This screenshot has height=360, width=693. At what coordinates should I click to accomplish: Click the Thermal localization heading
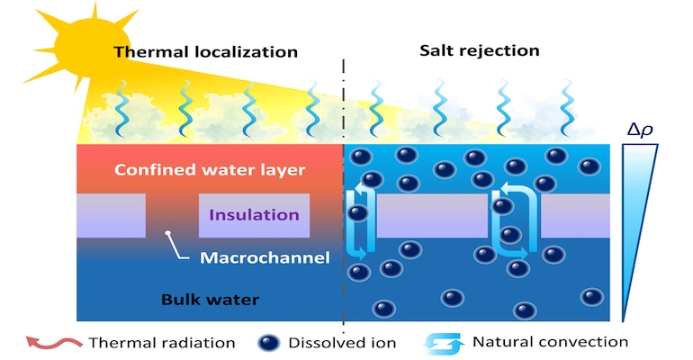(205, 51)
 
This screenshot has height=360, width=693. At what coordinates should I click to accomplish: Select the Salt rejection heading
(480, 50)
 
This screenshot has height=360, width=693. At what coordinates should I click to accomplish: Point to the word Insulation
(255, 215)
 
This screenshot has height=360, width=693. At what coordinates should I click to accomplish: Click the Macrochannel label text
(253, 258)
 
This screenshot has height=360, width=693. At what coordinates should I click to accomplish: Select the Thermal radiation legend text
(162, 342)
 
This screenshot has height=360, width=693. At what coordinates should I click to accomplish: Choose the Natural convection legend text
(550, 342)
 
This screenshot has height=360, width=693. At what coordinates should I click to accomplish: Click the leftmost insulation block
(111, 216)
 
